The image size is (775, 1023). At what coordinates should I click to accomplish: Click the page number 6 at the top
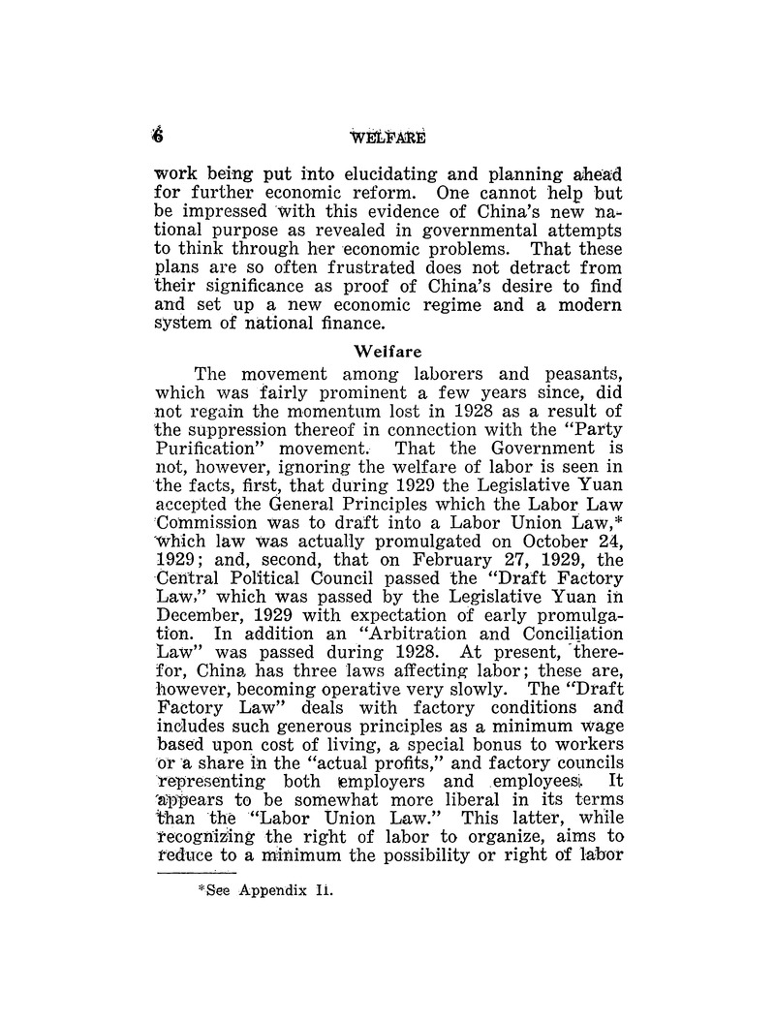pos(159,139)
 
